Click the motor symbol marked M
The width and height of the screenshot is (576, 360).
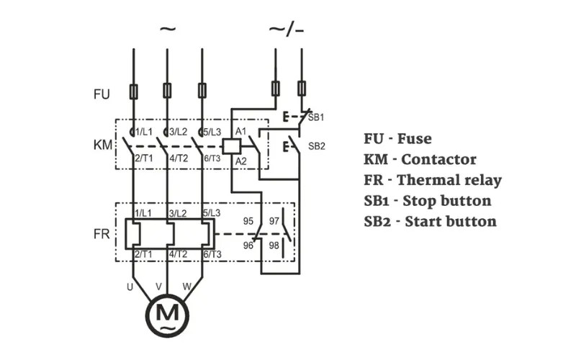click(x=167, y=315)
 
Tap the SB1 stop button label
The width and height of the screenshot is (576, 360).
click(x=316, y=117)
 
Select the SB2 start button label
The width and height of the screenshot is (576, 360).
click(x=317, y=146)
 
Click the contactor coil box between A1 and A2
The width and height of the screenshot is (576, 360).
click(x=232, y=146)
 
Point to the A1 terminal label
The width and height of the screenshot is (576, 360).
click(x=241, y=131)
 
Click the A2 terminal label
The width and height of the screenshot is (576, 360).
click(x=241, y=161)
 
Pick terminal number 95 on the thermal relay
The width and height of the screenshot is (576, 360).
click(x=248, y=221)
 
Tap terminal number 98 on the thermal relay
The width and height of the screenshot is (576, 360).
click(x=274, y=246)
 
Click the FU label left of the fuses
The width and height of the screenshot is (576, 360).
click(x=102, y=94)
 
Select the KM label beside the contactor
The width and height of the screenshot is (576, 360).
click(x=103, y=145)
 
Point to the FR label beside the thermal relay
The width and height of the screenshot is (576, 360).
click(x=102, y=234)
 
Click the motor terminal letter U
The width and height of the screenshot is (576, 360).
click(x=130, y=287)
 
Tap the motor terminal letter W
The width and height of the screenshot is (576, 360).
click(x=187, y=287)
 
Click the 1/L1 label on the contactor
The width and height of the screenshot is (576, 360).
click(x=144, y=132)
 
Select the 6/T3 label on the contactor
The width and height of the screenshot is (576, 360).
click(x=212, y=158)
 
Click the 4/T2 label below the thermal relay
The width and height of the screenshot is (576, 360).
click(x=178, y=254)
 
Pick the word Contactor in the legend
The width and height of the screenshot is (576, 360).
click(x=438, y=159)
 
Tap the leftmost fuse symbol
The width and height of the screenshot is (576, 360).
click(x=134, y=91)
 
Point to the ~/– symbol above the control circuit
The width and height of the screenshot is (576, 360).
click(x=287, y=30)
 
